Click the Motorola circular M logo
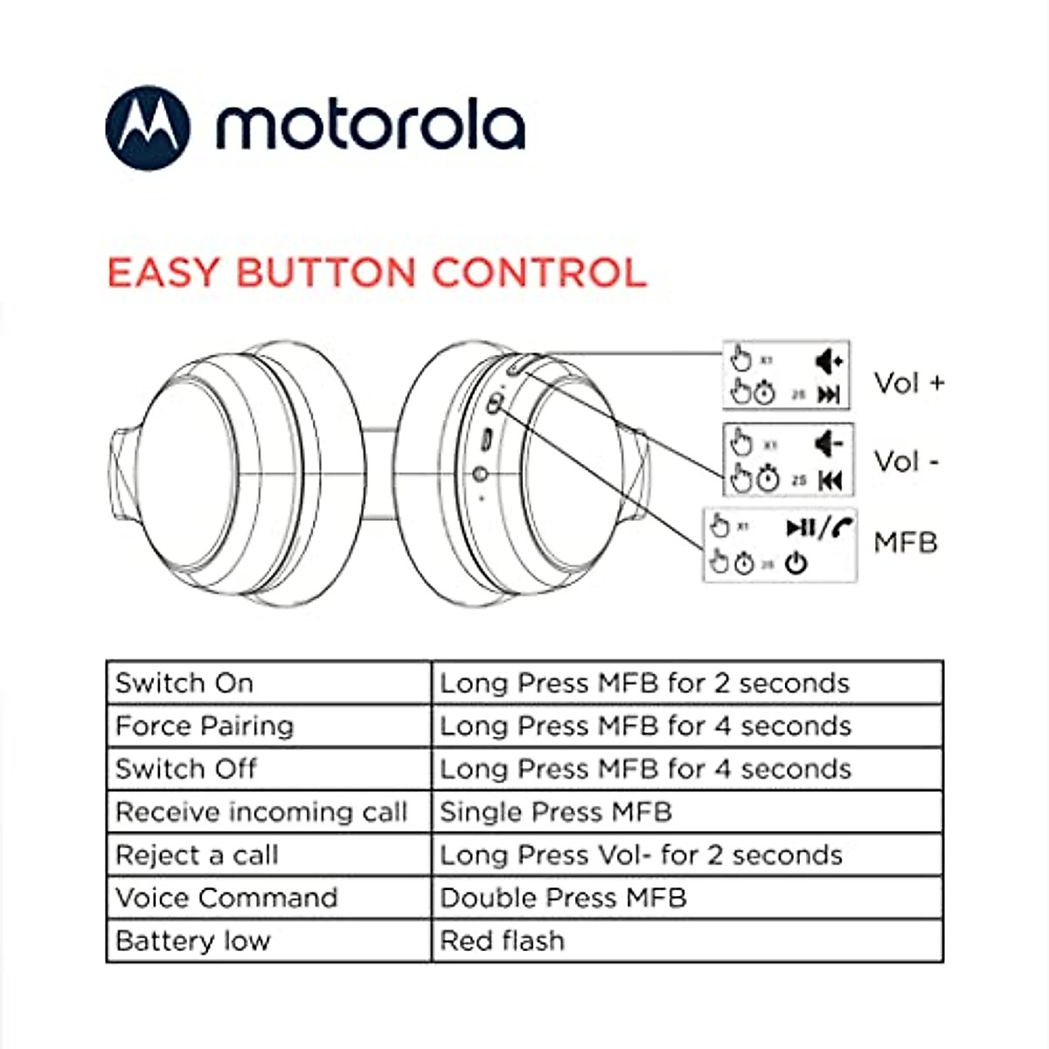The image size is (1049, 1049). pyautogui.click(x=147, y=128)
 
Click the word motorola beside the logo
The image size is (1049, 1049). pyautogui.click(x=371, y=127)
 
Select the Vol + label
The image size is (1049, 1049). pyautogui.click(x=909, y=383)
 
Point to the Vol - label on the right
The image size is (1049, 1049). pyautogui.click(x=906, y=461)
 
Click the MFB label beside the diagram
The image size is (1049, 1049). pyautogui.click(x=905, y=542)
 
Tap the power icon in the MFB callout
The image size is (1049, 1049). pyautogui.click(x=795, y=564)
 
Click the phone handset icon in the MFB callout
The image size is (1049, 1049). pyautogui.click(x=843, y=527)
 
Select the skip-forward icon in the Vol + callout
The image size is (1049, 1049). pyautogui.click(x=829, y=395)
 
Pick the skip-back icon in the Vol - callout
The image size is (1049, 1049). pyautogui.click(x=830, y=480)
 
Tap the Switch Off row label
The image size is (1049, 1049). pyautogui.click(x=185, y=768)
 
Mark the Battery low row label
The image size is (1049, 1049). pyautogui.click(x=193, y=941)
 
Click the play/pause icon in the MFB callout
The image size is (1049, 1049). pyautogui.click(x=801, y=527)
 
